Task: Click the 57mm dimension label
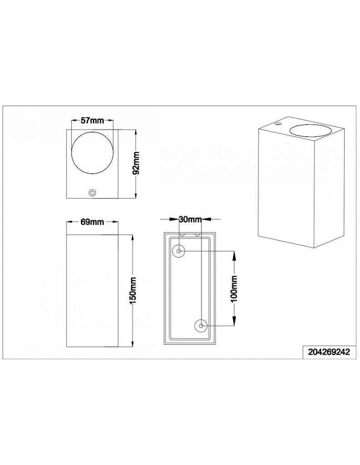[x=92, y=121]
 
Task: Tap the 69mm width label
[x=92, y=222]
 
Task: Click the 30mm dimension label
[x=190, y=219]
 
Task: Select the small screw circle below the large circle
[x=92, y=193]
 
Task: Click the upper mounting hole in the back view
[x=179, y=251]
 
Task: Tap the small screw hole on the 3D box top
[x=278, y=124]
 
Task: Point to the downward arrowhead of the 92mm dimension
[x=137, y=195]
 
